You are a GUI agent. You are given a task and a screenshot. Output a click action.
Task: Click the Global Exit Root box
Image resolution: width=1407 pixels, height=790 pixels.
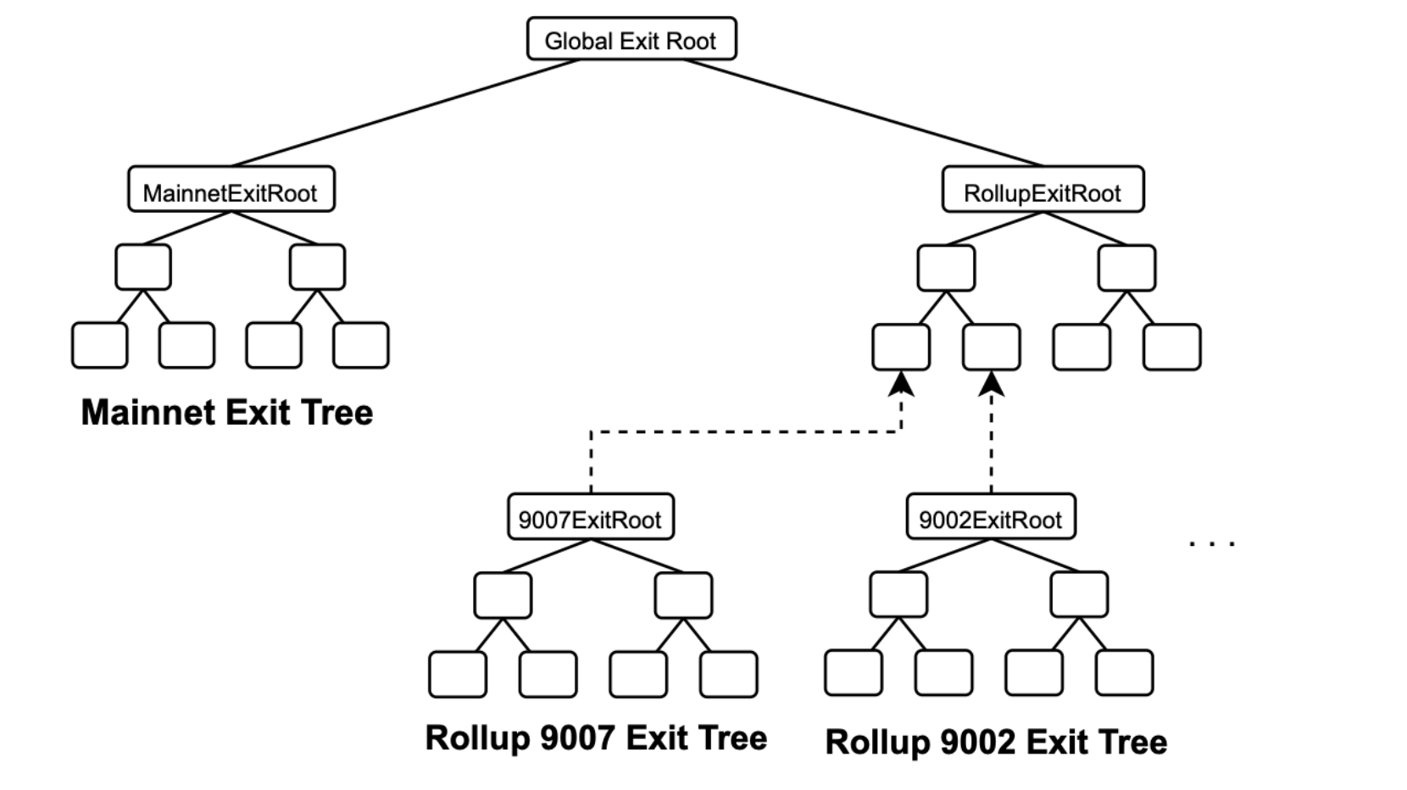[631, 39]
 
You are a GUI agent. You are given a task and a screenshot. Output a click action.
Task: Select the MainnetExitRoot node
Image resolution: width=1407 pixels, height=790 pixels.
[231, 190]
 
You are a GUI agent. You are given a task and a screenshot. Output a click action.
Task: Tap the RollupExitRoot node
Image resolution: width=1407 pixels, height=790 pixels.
[1043, 190]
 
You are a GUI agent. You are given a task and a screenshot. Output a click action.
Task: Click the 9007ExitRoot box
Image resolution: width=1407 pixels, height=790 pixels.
[590, 517]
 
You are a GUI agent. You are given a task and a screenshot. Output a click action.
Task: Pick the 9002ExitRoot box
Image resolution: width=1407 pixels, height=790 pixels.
[990, 517]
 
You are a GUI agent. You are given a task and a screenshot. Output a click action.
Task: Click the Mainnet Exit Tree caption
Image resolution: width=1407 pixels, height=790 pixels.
[226, 413]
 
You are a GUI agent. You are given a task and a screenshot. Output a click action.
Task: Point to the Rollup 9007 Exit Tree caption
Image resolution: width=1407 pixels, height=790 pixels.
[596, 737]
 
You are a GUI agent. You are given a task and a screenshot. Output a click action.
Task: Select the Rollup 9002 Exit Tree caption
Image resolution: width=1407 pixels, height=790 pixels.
[996, 742]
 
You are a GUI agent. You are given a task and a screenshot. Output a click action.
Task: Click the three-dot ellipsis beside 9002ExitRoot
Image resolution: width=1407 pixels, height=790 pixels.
[1212, 542]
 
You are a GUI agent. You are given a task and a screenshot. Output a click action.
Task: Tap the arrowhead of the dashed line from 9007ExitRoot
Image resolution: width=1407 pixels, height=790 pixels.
[901, 385]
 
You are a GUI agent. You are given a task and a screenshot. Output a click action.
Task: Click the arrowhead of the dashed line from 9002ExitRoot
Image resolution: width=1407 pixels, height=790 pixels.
[991, 385]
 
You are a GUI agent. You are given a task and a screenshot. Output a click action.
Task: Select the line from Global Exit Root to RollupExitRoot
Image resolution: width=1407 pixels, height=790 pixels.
[863, 113]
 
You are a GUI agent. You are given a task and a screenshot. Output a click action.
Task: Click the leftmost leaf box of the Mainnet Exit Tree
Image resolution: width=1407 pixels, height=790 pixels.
[100, 345]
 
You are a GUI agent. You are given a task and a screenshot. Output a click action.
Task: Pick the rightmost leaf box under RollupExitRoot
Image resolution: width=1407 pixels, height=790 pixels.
[1171, 347]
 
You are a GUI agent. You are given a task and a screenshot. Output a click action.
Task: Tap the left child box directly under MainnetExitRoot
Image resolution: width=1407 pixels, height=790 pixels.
[143, 267]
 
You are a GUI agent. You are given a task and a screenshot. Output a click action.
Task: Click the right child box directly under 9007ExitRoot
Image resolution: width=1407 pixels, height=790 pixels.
[683, 595]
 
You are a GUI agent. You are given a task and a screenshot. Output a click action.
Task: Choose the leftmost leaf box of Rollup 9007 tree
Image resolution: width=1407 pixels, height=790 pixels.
[458, 675]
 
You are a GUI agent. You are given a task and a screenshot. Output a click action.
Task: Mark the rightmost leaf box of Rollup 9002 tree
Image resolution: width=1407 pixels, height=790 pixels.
[1124, 673]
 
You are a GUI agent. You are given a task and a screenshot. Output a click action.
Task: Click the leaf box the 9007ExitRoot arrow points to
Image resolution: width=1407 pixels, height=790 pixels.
[901, 347]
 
